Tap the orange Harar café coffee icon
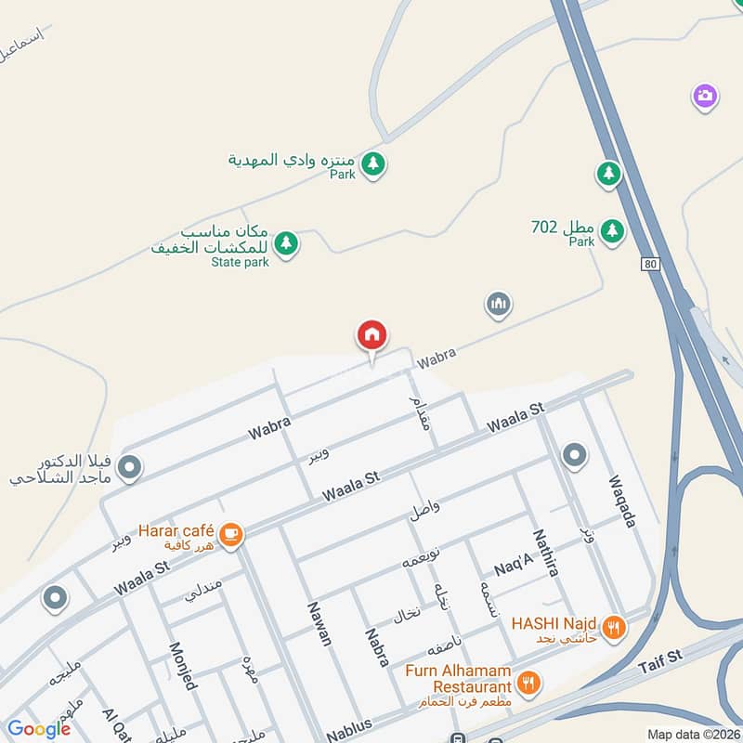[x=230, y=534]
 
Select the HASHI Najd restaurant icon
[x=613, y=627]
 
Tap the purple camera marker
[x=706, y=96]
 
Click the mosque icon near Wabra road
[x=499, y=304]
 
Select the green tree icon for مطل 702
[x=611, y=229]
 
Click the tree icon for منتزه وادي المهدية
[x=373, y=164]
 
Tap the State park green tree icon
[x=287, y=243]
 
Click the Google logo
[x=38, y=729]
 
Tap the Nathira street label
[x=545, y=553]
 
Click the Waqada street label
[x=621, y=502]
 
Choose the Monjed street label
[x=182, y=664]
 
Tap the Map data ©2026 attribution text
[x=693, y=734]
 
